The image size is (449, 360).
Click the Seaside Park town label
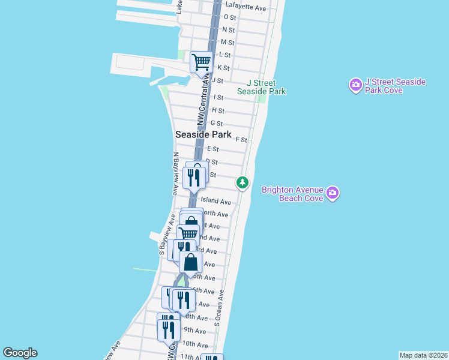pos(203,134)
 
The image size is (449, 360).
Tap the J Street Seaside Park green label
pos(261,87)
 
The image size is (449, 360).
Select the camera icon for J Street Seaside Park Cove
pos(355,85)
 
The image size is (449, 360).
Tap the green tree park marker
pos(242,182)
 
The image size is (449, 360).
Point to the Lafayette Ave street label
pos(245,7)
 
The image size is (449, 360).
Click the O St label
pos(228,17)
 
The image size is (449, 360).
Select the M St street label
pos(227,43)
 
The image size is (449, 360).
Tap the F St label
pos(241,139)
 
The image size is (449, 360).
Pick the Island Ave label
pos(215,202)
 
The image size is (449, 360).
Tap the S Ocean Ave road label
pos(218,308)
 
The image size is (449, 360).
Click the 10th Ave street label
pos(195,344)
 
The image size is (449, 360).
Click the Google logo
pos(20,353)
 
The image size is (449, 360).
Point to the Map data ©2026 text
pos(424,355)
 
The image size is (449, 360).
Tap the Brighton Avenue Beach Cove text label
pos(292,194)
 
